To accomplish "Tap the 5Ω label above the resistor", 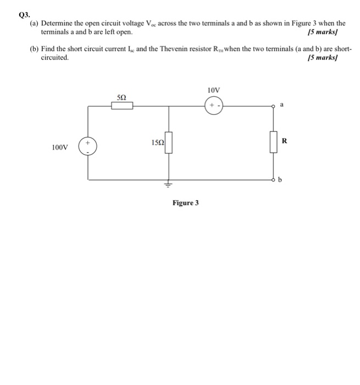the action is [x=122, y=97].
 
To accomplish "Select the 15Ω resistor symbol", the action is [x=169, y=143].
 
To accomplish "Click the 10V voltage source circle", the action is [x=213, y=106].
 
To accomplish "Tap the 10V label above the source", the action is [x=214, y=90].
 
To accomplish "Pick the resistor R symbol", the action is [x=273, y=142].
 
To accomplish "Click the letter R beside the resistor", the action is [x=284, y=141].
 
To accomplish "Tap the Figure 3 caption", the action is [x=186, y=203].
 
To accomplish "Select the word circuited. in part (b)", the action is [x=56, y=57].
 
